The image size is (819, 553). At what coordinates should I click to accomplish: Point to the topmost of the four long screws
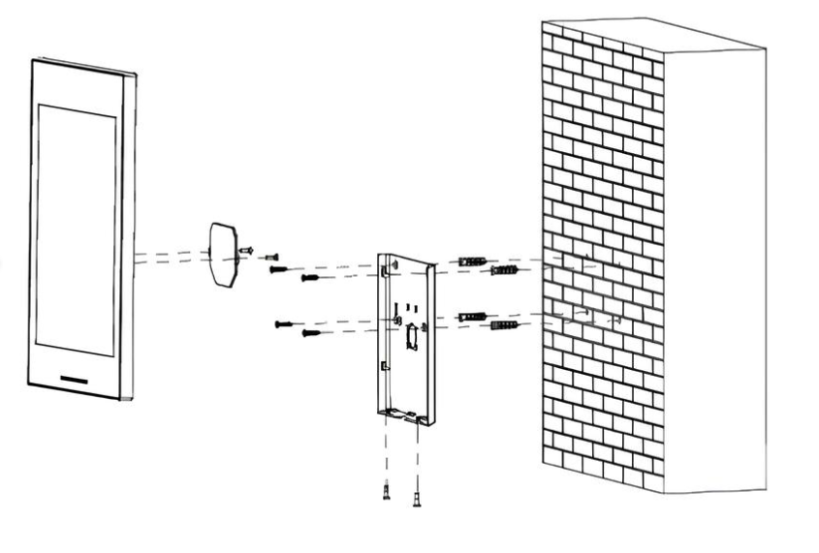278,269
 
